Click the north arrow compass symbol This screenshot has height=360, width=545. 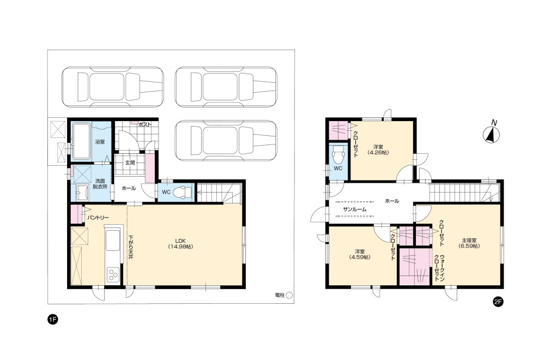pos(492,135)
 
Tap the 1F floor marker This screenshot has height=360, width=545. pos(52,319)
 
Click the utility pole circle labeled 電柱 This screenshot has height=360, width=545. pos(289,295)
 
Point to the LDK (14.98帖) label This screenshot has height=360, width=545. pos(180,243)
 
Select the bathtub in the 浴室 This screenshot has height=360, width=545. pos(81,141)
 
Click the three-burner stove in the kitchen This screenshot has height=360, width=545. pos(113,273)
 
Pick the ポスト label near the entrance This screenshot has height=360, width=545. pos(144,124)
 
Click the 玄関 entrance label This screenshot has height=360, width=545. pos(130,163)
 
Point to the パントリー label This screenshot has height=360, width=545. pos(98,218)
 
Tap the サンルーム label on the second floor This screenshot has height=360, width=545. pos(355,209)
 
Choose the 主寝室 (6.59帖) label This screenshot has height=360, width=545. pos(469,243)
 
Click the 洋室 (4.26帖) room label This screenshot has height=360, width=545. pos(378,149)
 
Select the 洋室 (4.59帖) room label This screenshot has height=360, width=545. pos(360,254)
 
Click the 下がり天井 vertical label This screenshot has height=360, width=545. pos(131,248)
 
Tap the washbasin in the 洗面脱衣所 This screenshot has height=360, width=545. pos(82,193)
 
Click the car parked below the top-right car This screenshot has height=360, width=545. pos(226,140)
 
